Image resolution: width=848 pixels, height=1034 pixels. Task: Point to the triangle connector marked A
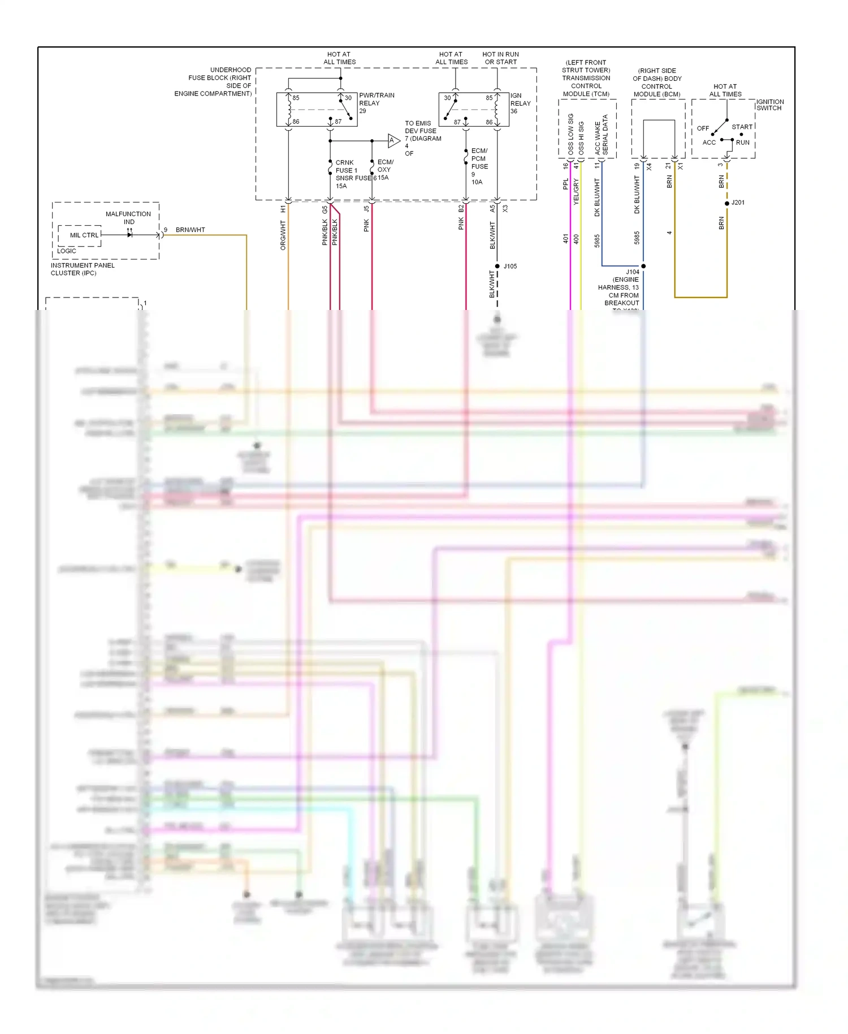point(393,140)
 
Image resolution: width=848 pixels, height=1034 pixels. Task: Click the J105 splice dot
point(497,266)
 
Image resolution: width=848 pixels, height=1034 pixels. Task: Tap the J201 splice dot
point(727,203)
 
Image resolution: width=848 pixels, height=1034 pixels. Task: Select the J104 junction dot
point(643,266)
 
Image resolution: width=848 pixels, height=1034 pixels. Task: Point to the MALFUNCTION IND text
point(128,218)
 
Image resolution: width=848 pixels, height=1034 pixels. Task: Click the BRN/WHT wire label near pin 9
point(190,230)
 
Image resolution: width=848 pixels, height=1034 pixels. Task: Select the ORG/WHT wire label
point(283,235)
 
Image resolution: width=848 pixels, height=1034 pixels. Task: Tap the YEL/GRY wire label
point(577,191)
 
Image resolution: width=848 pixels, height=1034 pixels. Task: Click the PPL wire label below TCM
point(565,184)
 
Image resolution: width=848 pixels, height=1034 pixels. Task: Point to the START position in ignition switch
point(742,127)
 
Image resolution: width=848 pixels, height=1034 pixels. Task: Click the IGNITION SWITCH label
point(770,105)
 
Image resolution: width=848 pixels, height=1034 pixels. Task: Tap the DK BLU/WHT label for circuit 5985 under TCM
point(597,197)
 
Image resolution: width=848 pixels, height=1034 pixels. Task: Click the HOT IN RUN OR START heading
point(500,58)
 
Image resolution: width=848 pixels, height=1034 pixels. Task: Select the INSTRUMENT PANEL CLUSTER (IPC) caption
point(83,269)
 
